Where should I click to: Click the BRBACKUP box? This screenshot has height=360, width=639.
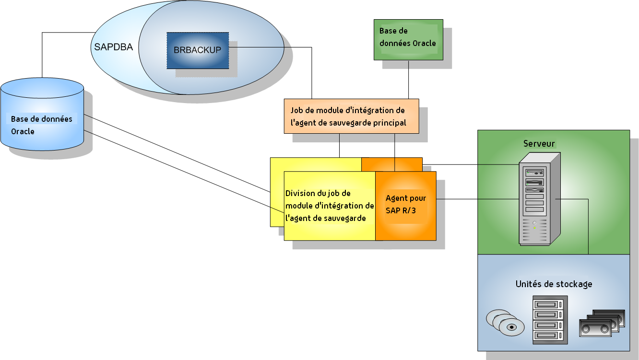point(198,50)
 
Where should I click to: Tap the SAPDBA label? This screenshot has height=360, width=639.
point(113,47)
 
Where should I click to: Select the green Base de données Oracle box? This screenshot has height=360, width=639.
point(408,39)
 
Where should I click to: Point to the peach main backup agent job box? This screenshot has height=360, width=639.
point(351,116)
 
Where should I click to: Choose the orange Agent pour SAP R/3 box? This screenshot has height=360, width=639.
point(405,205)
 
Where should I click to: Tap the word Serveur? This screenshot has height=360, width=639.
point(539,144)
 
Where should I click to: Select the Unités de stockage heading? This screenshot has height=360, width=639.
point(554,284)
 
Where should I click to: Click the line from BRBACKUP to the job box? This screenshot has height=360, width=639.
point(312,72)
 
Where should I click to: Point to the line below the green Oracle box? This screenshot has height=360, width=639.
point(409,79)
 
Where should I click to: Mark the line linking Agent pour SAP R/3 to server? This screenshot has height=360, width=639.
point(477,199)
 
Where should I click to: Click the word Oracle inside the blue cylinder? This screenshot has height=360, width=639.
point(23,131)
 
